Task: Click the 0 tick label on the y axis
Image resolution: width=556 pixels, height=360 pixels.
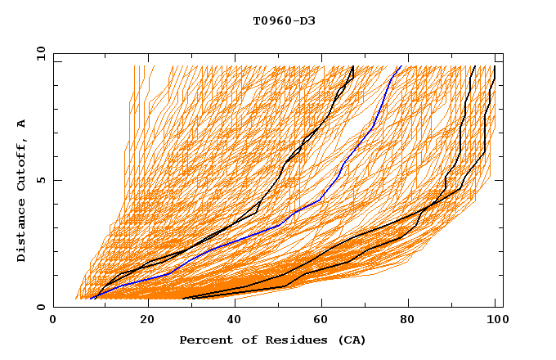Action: (x=41, y=307)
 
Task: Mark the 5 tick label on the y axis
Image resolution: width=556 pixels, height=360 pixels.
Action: (x=41, y=180)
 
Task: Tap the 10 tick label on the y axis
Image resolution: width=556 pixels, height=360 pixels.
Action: (x=38, y=53)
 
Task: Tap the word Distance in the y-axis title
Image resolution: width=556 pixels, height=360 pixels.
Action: (x=22, y=230)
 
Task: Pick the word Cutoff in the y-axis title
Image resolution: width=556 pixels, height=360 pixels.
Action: (x=22, y=164)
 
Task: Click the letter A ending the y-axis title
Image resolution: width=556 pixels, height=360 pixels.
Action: (x=22, y=124)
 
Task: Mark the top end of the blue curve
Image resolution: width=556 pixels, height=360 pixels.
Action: (x=401, y=66)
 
